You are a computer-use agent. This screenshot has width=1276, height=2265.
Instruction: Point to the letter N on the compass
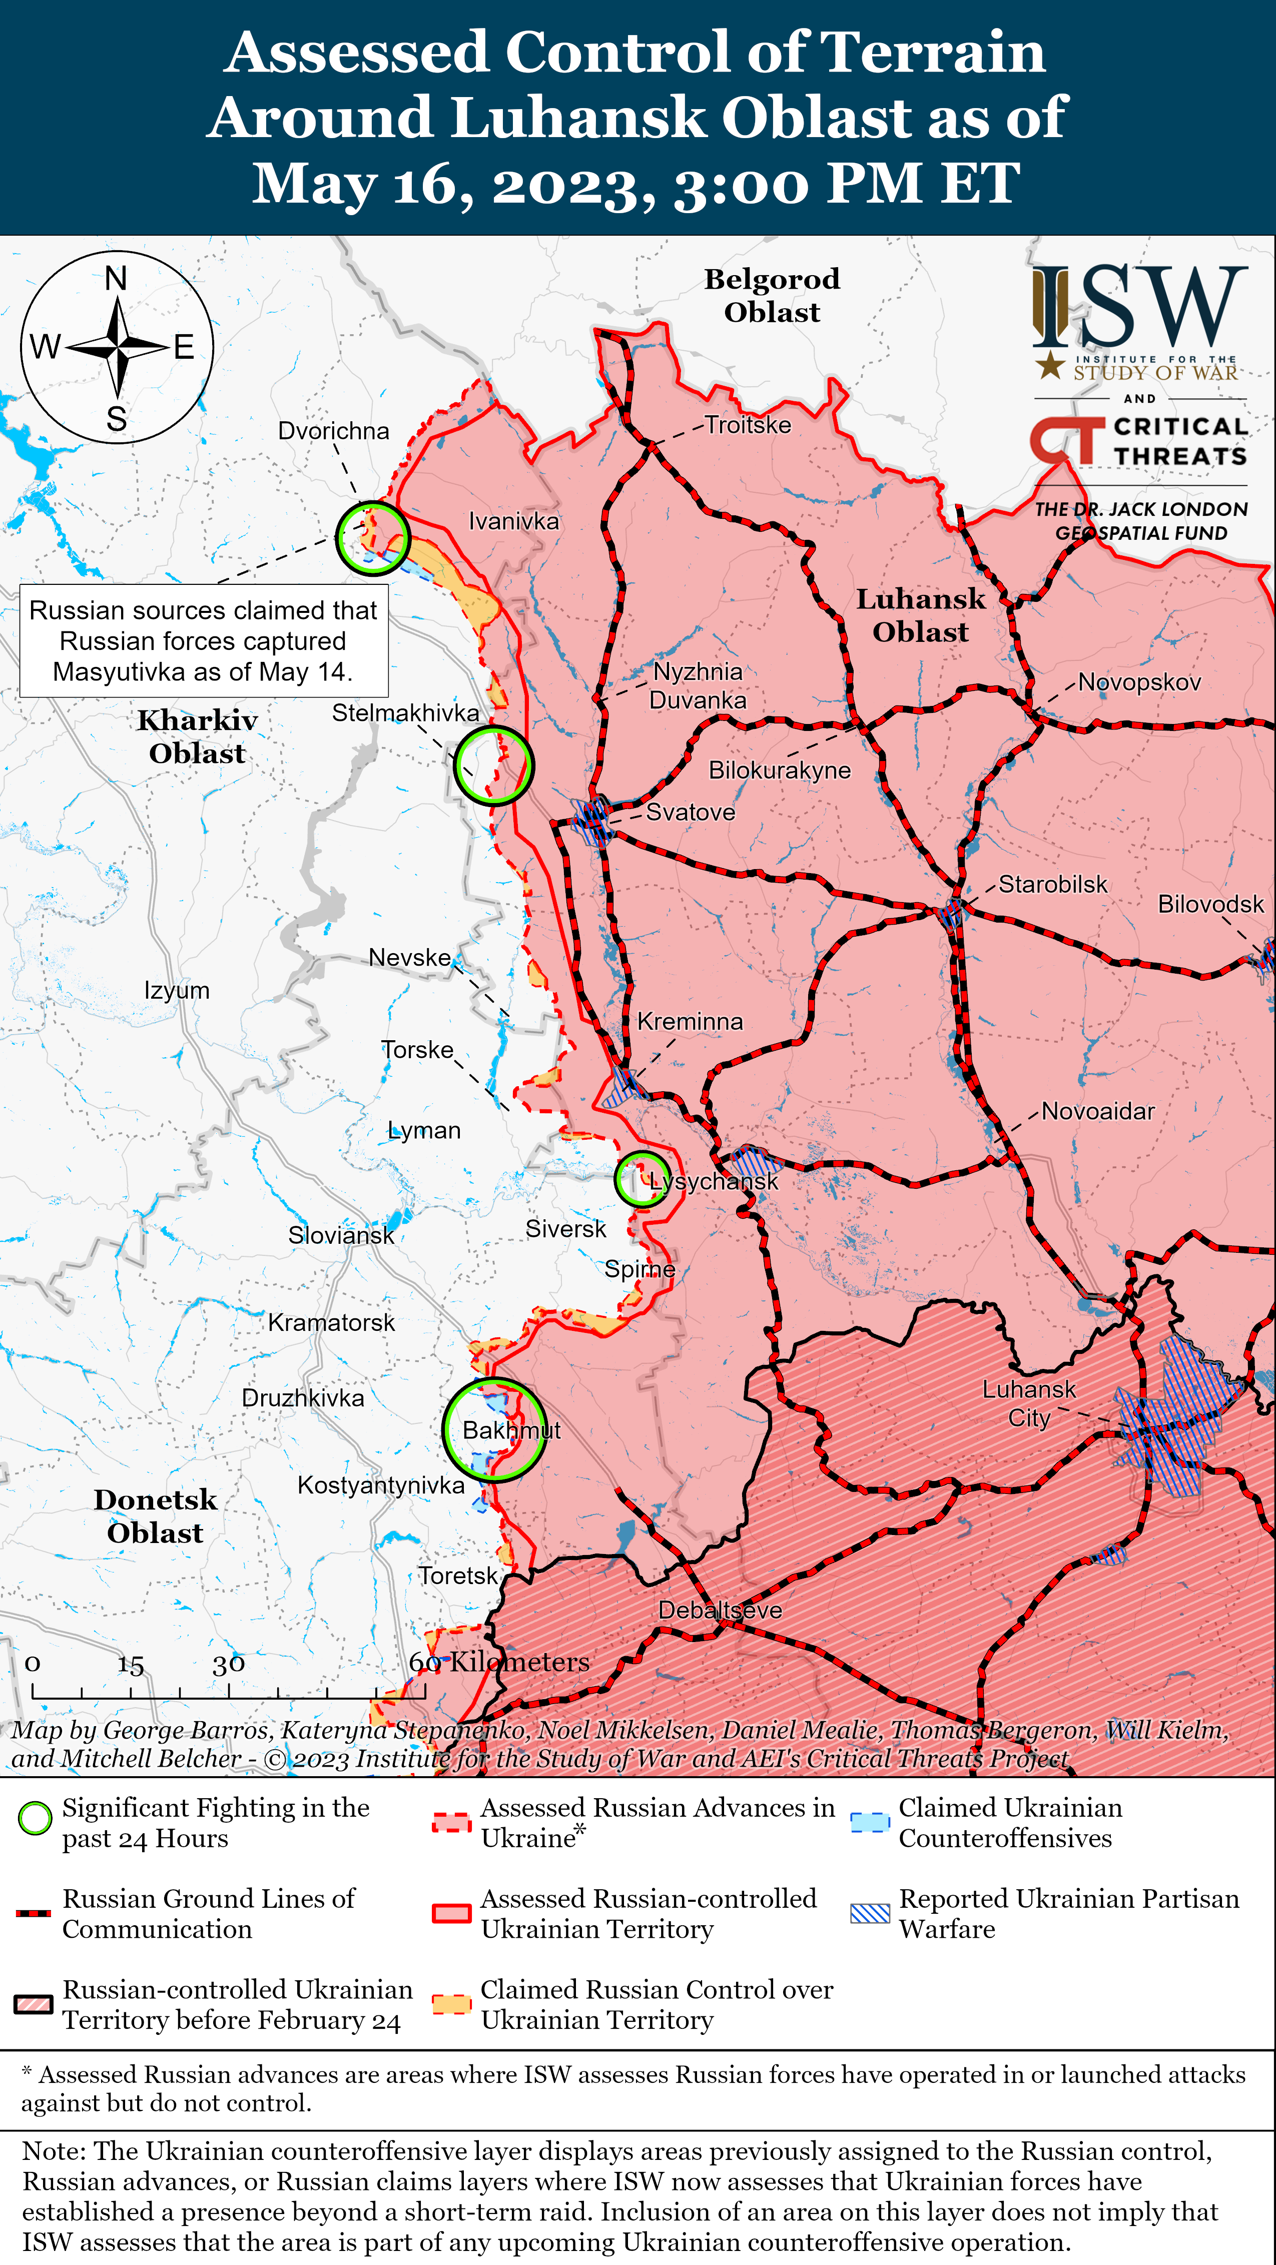116,279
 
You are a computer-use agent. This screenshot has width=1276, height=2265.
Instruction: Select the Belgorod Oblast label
772,295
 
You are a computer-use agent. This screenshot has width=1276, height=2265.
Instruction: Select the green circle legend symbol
35,1818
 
